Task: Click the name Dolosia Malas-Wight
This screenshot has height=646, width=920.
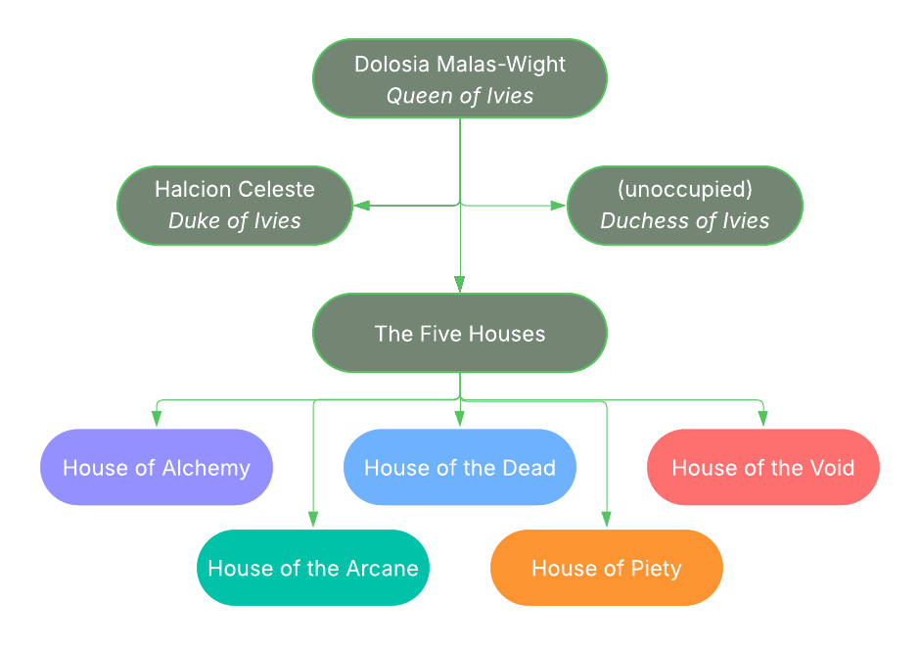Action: coord(460,65)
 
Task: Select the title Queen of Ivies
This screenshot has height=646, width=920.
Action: coord(460,96)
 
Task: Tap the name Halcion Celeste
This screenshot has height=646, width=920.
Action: coord(235,189)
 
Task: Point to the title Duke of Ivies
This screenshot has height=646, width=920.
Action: coord(235,221)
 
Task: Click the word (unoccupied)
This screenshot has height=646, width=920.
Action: coord(685,189)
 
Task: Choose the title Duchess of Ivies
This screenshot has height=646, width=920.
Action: coord(685,221)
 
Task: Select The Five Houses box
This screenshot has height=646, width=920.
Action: coord(460,333)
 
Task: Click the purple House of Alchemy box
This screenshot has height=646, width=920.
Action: coord(157,467)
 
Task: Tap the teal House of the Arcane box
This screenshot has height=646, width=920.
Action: coord(313,568)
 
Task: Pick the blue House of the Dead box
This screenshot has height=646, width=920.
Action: coord(460,467)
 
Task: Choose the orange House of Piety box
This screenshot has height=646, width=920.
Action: coord(607,568)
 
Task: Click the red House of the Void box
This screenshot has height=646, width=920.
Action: coord(763,467)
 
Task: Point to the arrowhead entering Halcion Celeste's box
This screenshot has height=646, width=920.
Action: coord(361,206)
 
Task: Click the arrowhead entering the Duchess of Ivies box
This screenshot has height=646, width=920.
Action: coord(559,206)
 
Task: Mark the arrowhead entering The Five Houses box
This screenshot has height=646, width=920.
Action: coord(460,285)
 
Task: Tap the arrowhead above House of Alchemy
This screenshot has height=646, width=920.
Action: coord(157,419)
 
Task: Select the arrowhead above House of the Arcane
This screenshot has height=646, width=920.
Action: coord(313,520)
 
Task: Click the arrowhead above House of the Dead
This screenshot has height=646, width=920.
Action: coord(460,419)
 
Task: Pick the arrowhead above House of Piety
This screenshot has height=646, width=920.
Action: coord(607,520)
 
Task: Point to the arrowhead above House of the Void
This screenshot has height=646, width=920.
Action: coord(763,419)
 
